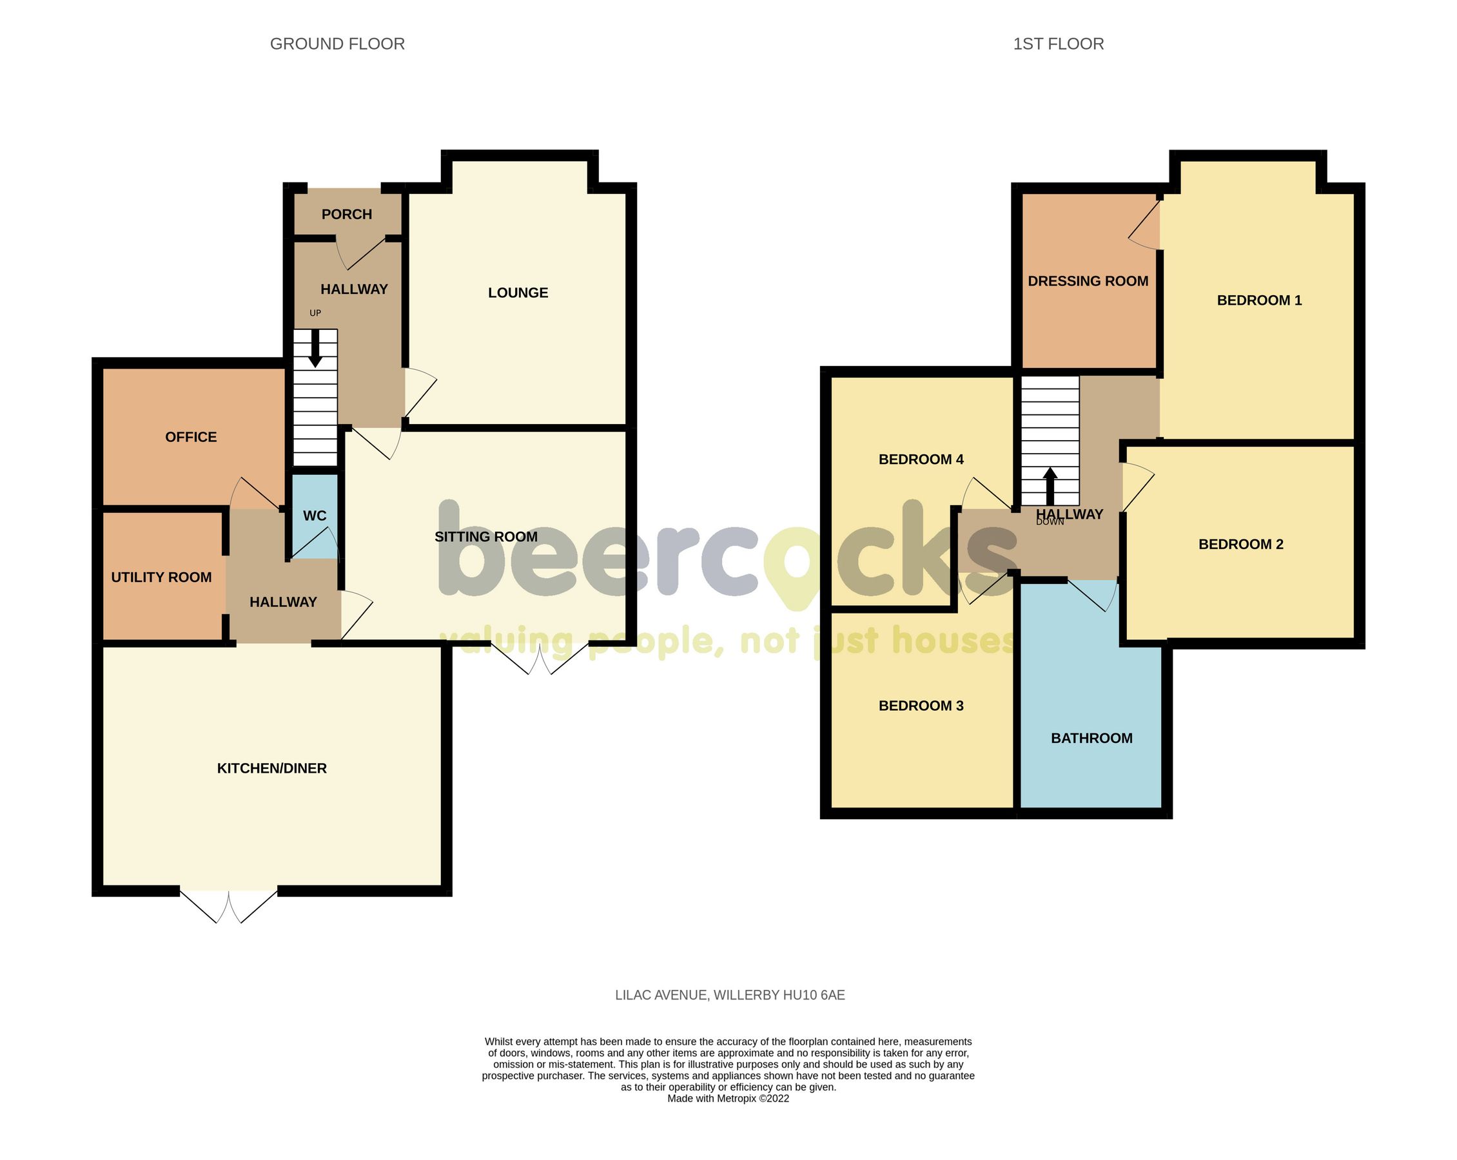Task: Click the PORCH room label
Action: point(347,214)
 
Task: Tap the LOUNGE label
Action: point(518,293)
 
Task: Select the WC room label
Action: point(314,516)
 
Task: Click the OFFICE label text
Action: point(191,437)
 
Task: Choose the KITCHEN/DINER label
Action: point(271,768)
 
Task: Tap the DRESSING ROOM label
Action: point(1088,281)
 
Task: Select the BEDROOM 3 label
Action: point(921,705)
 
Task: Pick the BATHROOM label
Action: point(1091,738)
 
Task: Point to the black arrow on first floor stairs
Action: point(1050,486)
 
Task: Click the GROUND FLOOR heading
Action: point(337,44)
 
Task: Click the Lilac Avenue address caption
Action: point(729,995)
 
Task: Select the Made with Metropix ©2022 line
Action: point(728,1099)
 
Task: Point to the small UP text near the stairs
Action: point(315,313)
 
